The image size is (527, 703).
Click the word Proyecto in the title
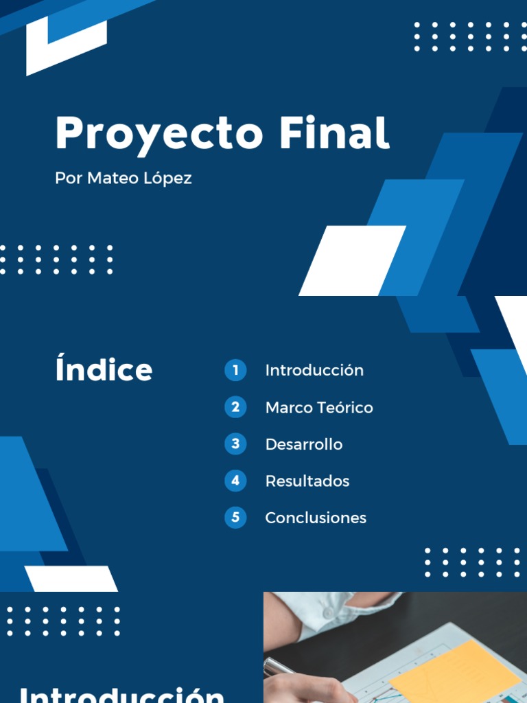click(x=159, y=134)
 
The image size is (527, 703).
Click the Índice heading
click(x=104, y=369)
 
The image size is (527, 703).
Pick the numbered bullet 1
click(x=235, y=371)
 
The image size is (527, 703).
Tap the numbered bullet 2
click(x=235, y=407)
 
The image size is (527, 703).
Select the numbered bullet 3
click(x=235, y=444)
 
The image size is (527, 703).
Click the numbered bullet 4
click(x=235, y=481)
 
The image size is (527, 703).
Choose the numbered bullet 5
click(x=235, y=518)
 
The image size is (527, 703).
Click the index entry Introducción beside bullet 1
click(x=314, y=371)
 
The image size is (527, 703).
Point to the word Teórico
click(x=345, y=408)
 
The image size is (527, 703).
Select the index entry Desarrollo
click(x=304, y=445)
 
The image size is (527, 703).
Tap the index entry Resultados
click(x=307, y=481)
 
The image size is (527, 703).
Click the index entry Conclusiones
click(x=316, y=518)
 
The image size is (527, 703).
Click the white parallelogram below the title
click(x=352, y=261)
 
